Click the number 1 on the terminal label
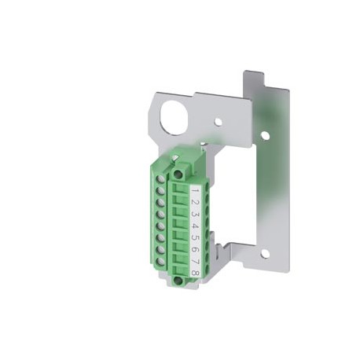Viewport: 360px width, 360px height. click(x=194, y=191)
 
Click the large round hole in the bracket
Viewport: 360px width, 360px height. click(x=174, y=119)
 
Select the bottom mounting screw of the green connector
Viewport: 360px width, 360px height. click(x=179, y=280)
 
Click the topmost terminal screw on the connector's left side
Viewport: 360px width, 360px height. click(x=160, y=180)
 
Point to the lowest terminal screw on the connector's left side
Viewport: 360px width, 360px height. click(x=160, y=263)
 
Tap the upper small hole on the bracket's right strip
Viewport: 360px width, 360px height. click(x=265, y=135)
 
